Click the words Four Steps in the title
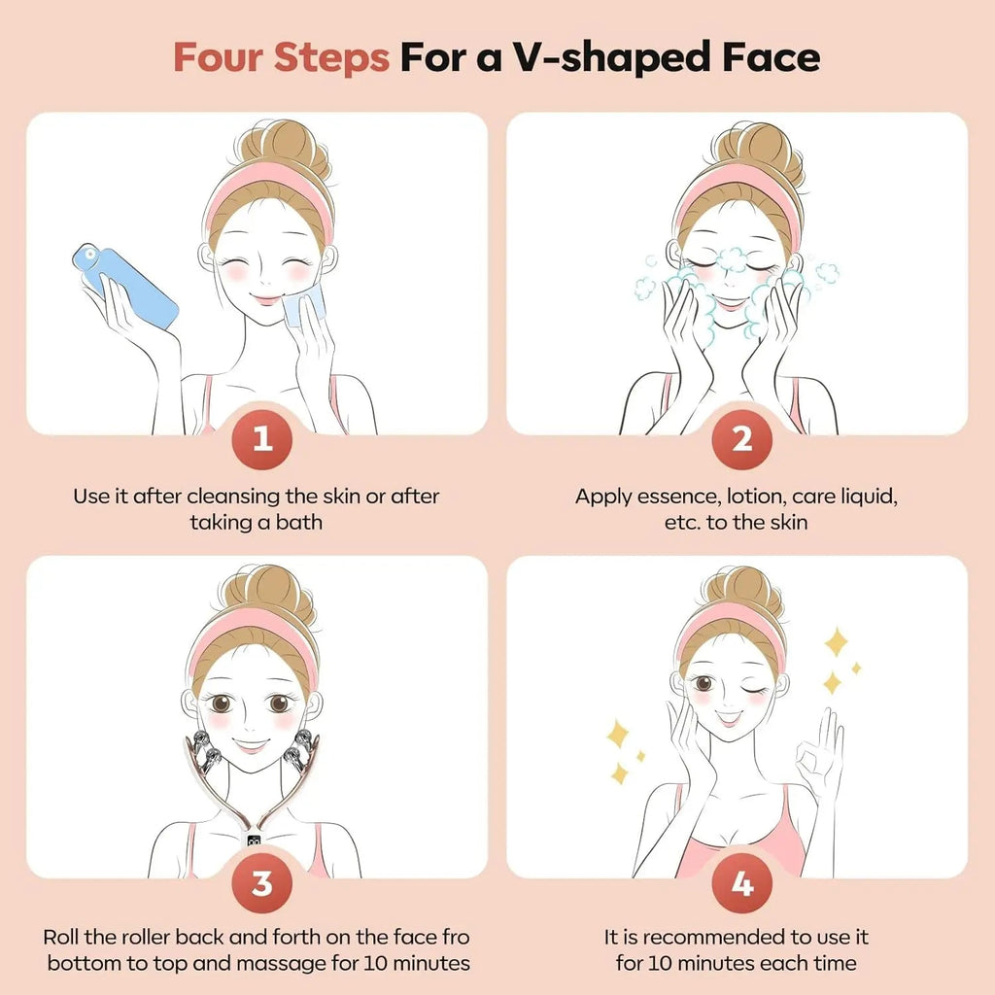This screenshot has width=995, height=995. click(x=282, y=58)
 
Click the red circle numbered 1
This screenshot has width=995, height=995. click(x=260, y=439)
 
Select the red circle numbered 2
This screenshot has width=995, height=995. click(x=741, y=439)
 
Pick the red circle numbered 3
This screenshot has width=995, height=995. click(x=260, y=884)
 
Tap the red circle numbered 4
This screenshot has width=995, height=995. click(x=741, y=884)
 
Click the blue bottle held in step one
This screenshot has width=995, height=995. click(x=125, y=285)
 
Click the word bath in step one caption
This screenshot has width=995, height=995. click(x=299, y=522)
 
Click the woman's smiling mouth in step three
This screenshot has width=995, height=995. click(x=251, y=746)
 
